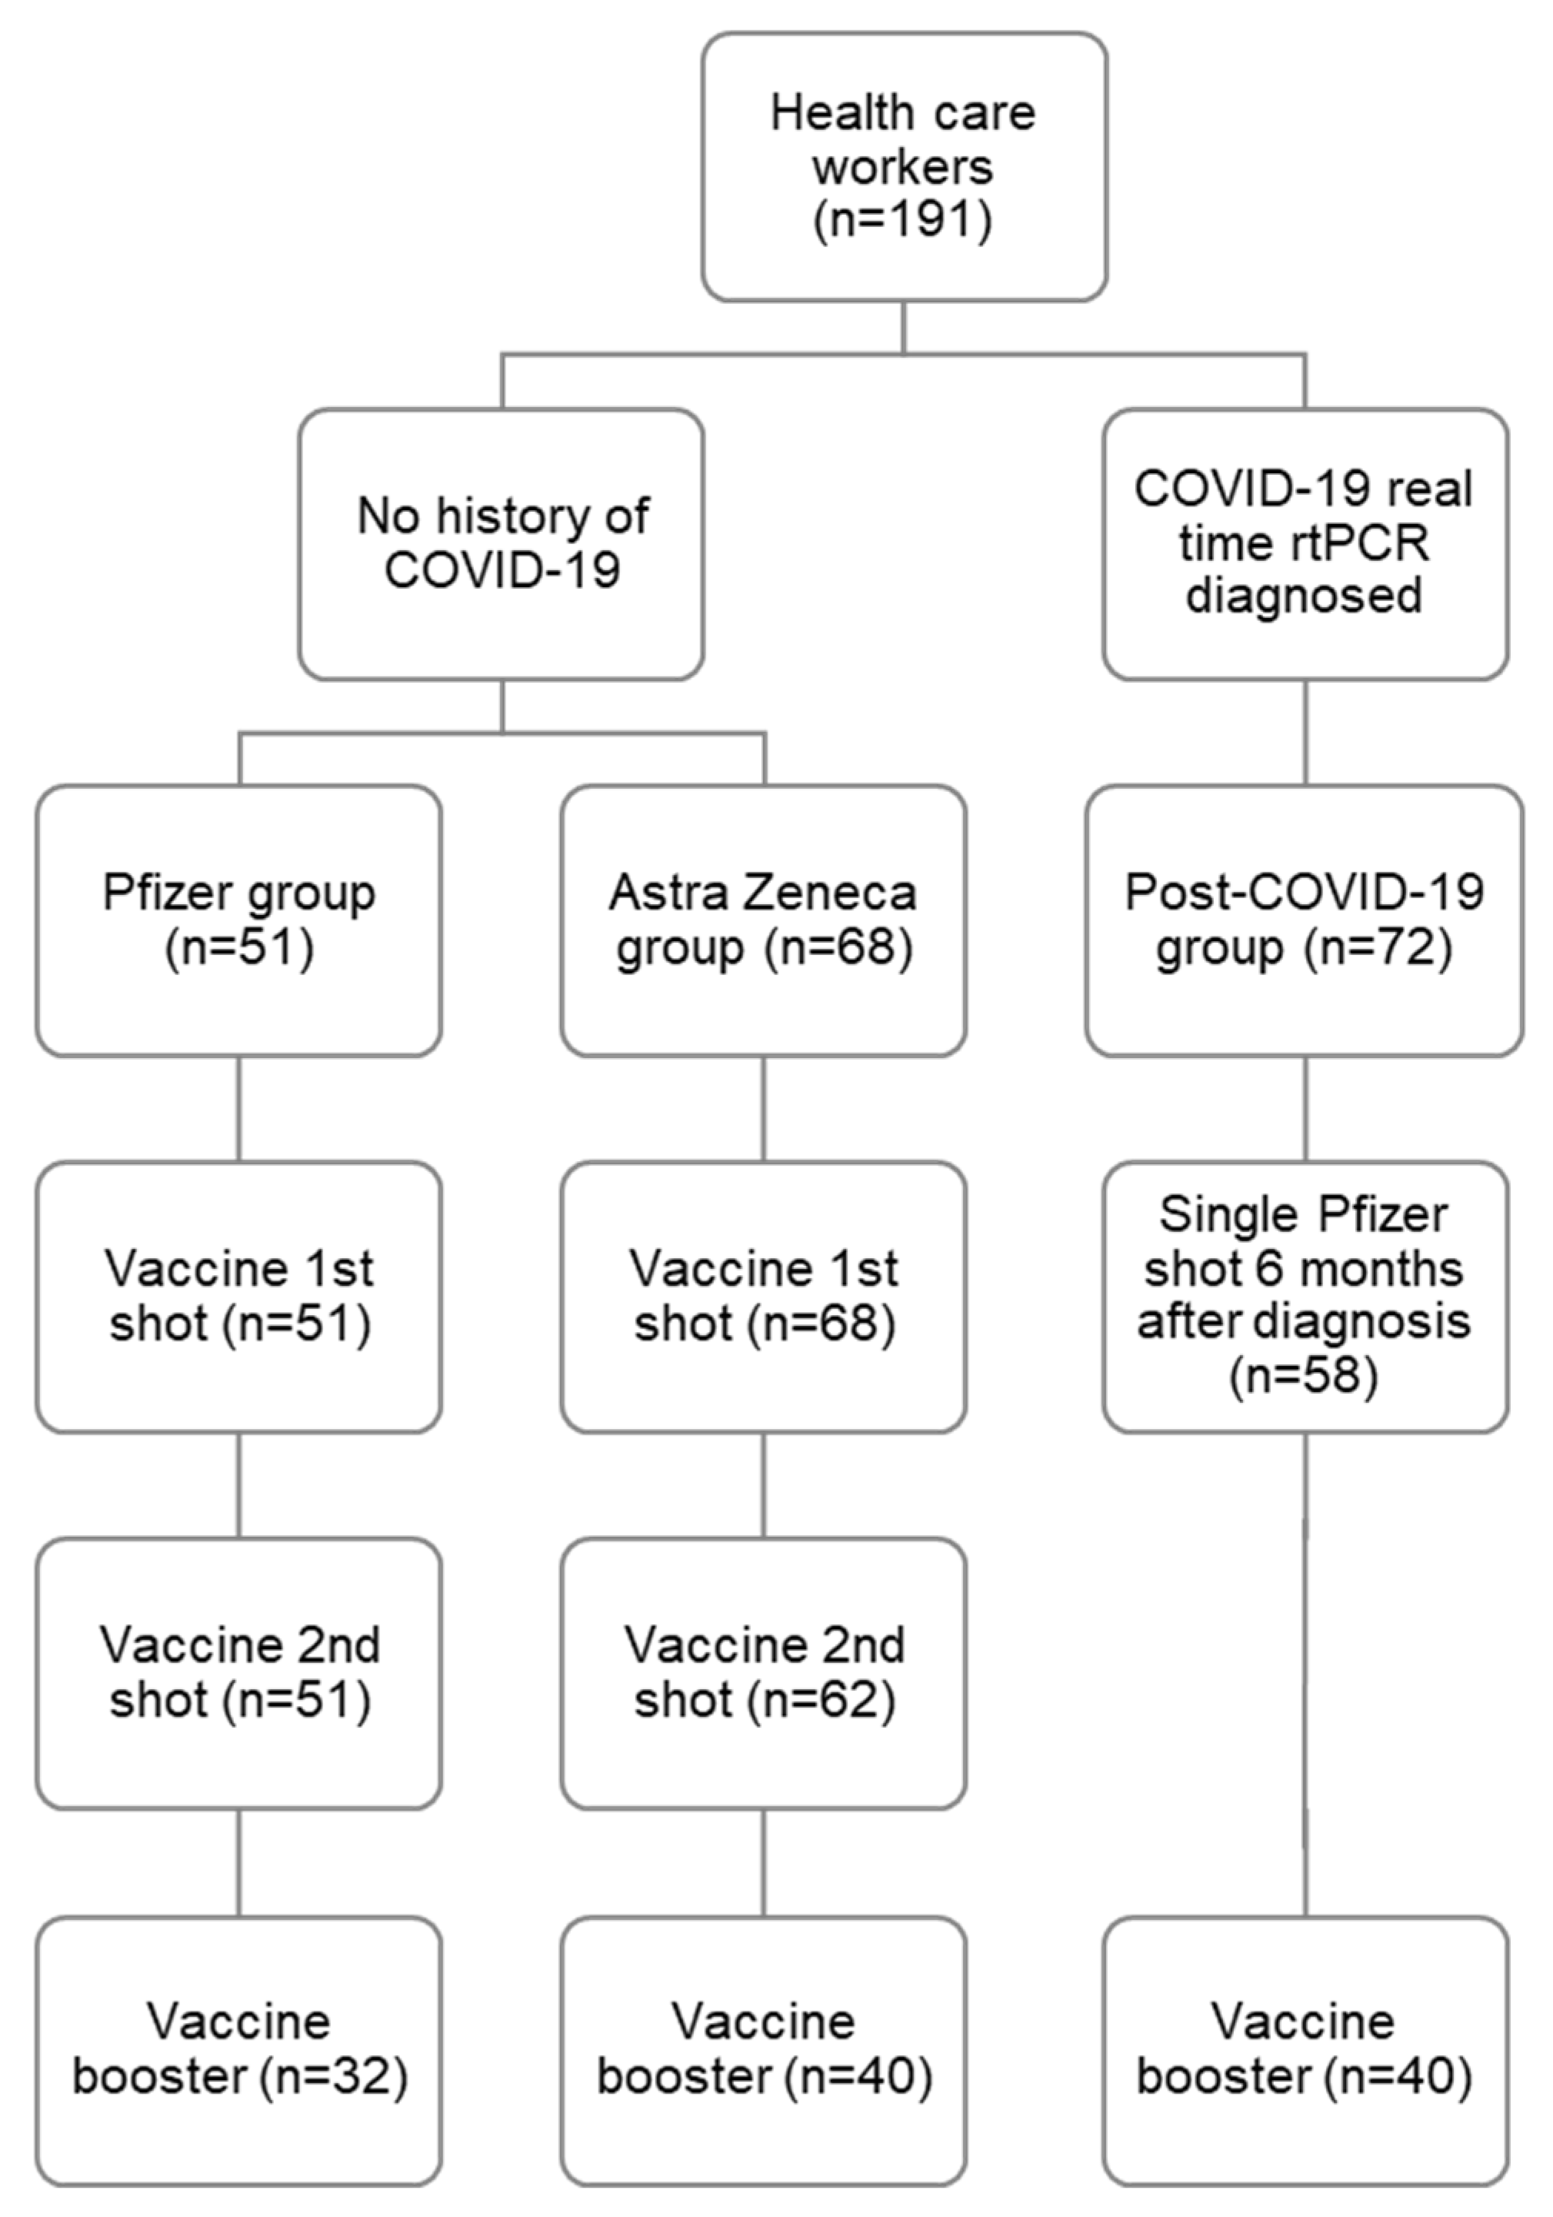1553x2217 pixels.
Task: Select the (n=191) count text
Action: click(x=904, y=221)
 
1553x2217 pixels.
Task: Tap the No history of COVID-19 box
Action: click(x=501, y=543)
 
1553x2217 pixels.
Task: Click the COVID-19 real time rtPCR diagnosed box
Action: click(x=1305, y=543)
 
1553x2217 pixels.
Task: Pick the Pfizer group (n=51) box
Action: click(x=239, y=920)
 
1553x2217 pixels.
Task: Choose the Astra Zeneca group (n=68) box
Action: click(x=764, y=920)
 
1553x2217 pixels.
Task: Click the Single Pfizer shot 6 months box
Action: click(x=1305, y=1297)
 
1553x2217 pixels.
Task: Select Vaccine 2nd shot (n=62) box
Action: click(x=764, y=1674)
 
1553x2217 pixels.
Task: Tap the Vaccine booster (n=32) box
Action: click(x=239, y=2051)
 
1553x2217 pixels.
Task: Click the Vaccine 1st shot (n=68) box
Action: click(x=764, y=1297)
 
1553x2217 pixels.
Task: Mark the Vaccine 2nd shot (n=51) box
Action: click(x=239, y=1674)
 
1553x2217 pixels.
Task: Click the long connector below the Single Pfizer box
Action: click(x=1305, y=1675)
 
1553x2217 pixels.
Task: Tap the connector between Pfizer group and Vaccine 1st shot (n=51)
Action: click(x=239, y=1108)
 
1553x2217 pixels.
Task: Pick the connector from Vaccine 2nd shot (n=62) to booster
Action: click(x=764, y=1862)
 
